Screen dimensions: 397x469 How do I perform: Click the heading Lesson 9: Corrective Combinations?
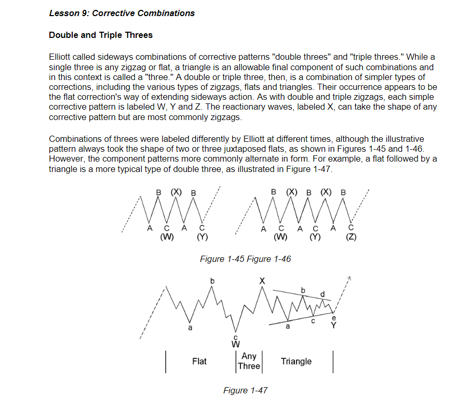(122, 13)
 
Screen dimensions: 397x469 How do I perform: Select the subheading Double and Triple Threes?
(100, 35)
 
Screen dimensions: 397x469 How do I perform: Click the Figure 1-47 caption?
(245, 390)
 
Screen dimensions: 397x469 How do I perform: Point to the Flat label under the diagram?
(199, 361)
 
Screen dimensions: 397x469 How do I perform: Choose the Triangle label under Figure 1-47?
(296, 361)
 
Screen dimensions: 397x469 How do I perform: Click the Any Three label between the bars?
(249, 361)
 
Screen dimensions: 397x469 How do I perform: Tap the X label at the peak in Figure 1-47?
(262, 281)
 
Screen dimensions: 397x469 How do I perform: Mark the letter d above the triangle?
(323, 294)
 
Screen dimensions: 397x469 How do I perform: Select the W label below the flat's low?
(236, 344)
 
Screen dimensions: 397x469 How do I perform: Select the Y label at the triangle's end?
(334, 326)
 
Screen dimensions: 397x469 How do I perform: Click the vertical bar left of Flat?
(165, 362)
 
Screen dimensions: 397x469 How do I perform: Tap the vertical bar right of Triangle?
(332, 362)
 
